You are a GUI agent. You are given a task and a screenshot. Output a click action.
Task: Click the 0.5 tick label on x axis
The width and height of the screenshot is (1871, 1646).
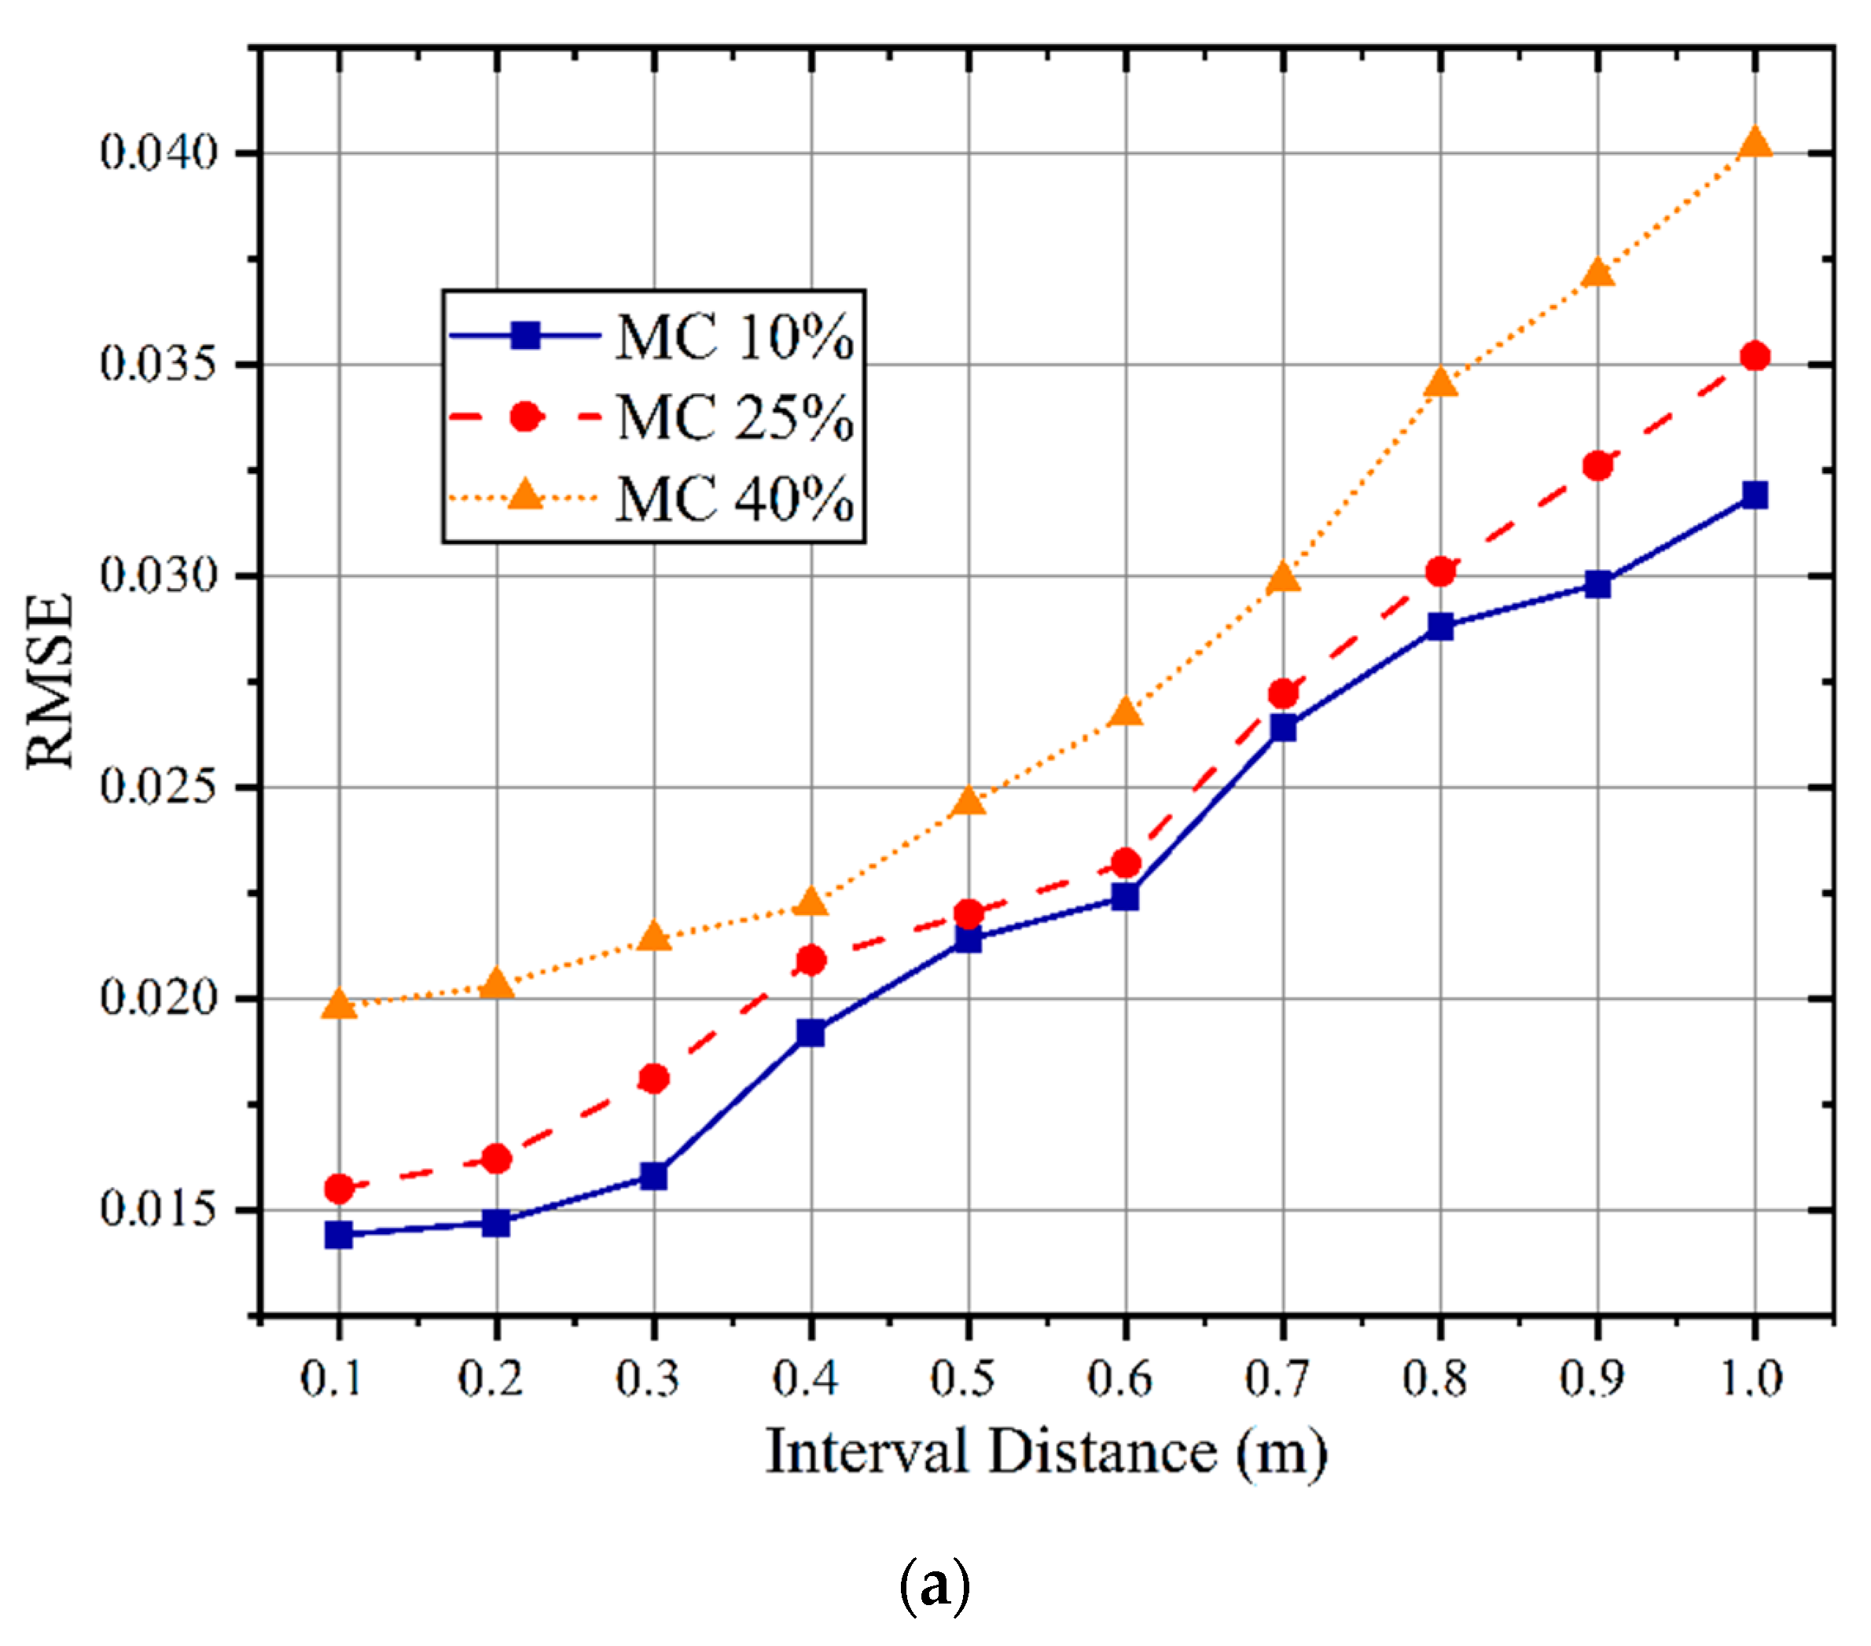[x=968, y=1379]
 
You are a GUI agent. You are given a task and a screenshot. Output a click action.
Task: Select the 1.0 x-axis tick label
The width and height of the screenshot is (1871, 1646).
[x=1753, y=1379]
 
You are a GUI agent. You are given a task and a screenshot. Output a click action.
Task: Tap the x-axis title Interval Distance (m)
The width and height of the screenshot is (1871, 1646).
[x=1046, y=1453]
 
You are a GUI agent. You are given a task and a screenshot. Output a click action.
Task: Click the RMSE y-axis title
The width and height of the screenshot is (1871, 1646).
[x=50, y=680]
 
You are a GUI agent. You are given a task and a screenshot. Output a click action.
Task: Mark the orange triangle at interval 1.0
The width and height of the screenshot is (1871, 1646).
[x=1755, y=144]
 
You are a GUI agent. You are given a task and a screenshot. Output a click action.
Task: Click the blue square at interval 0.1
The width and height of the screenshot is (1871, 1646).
[x=339, y=1235]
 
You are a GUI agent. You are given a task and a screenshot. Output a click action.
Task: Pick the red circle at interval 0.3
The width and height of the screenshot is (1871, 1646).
[x=653, y=1078]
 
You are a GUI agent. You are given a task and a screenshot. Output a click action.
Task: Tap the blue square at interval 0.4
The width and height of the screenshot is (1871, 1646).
[x=811, y=1034]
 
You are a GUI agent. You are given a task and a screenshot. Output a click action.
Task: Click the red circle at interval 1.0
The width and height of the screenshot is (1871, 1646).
[x=1755, y=356]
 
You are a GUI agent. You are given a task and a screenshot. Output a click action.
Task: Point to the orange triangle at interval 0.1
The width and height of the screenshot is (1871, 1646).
[x=339, y=1005]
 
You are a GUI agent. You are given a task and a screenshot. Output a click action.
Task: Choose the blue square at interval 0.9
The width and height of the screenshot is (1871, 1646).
[x=1598, y=584]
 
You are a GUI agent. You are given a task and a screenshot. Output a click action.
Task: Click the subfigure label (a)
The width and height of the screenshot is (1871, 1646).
[x=935, y=1586]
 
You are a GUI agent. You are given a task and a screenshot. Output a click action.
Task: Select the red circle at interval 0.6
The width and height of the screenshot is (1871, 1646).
[x=1126, y=863]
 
